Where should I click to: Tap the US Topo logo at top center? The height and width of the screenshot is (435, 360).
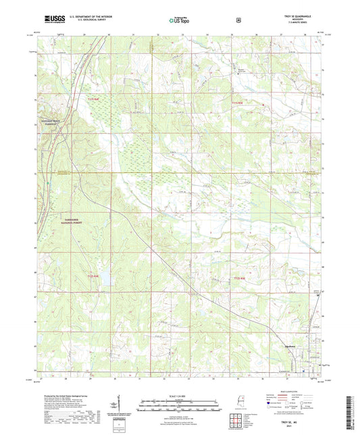tap(179, 20)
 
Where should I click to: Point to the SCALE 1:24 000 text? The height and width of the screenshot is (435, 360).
tap(179, 395)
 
